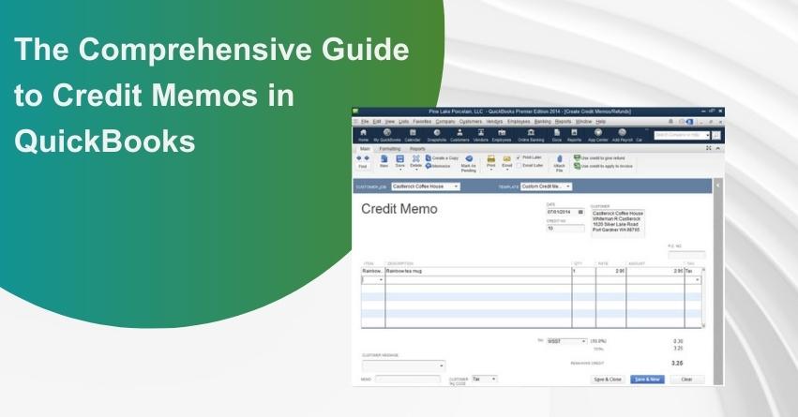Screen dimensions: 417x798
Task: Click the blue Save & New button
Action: pos(646,379)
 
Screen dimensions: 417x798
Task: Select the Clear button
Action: pos(686,379)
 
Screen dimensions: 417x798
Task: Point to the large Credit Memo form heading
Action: pos(399,209)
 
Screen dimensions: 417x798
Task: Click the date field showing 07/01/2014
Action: pos(563,212)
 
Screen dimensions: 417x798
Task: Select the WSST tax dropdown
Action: pos(567,341)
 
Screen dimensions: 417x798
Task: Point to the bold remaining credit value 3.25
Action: pos(677,362)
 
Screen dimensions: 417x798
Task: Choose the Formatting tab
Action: pos(389,148)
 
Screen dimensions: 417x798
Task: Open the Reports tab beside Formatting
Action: pos(417,148)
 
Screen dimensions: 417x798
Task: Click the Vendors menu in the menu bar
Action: pos(494,121)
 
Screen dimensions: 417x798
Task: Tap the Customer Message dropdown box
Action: pos(403,365)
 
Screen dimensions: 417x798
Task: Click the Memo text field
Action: pos(407,379)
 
